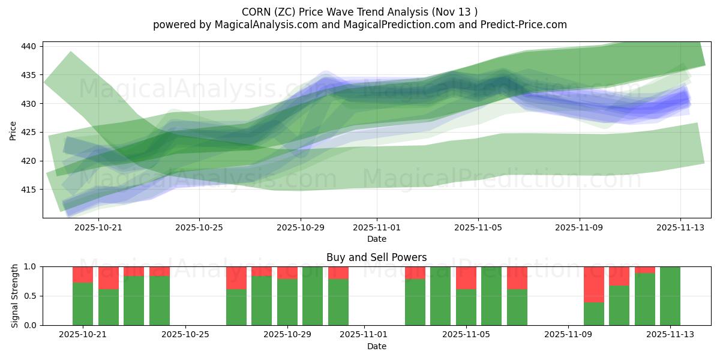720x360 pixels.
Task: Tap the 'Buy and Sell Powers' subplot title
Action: (376, 257)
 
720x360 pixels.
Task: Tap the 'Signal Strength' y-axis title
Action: (15, 296)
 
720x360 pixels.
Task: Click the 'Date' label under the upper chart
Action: (376, 239)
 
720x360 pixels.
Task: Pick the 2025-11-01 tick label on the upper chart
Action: (377, 227)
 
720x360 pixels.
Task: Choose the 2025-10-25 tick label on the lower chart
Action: (186, 335)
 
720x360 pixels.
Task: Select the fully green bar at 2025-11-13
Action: (670, 296)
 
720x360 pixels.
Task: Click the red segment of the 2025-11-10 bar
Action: (594, 284)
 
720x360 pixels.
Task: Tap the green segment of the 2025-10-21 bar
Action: (83, 304)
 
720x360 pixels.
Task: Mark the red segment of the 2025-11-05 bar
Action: (466, 278)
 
